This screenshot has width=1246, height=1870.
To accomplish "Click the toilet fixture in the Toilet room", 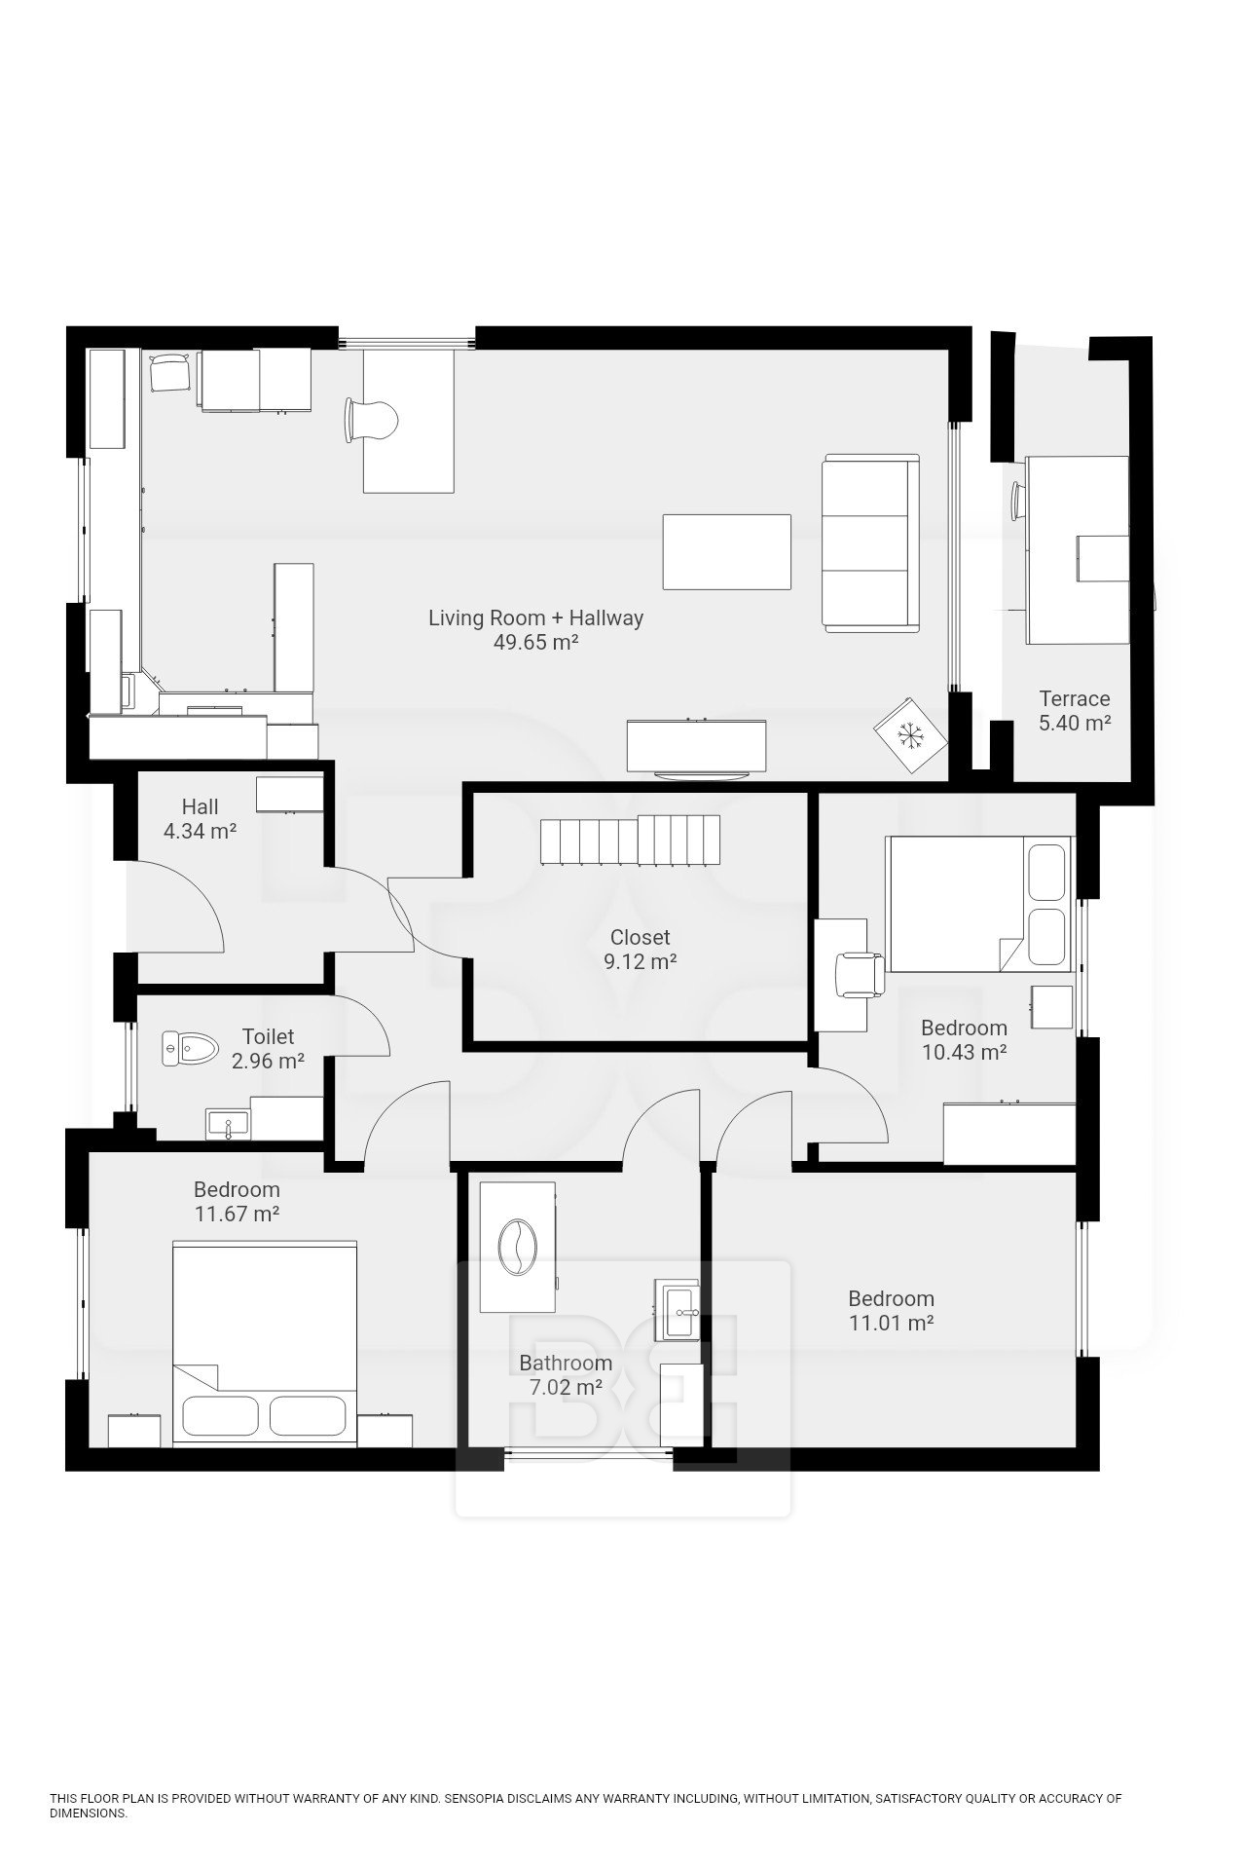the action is point(188,1049).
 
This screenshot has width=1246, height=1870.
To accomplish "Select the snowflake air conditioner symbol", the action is point(910,735).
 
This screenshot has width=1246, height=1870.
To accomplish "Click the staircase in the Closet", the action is point(631,840).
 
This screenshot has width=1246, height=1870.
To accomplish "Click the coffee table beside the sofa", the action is point(727,552).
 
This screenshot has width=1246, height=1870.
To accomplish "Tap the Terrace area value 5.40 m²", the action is point(1074,724).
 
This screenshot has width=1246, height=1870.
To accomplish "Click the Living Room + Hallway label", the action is point(536,617).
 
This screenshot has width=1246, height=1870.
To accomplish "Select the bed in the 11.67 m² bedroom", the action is point(265,1342).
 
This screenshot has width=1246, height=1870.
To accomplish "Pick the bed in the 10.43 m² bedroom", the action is point(979,904).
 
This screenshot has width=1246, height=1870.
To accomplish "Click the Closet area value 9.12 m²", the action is point(641,962).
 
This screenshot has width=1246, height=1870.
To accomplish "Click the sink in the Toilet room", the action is point(229,1123).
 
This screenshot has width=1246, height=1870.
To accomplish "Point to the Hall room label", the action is point(200,806).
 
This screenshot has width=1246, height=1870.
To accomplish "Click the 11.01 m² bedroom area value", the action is point(891,1324).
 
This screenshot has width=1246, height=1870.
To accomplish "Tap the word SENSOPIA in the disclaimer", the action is point(477,1799).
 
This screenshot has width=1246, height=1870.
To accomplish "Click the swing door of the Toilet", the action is point(361,1025).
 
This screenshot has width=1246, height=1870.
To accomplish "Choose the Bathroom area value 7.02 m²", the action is point(566,1388).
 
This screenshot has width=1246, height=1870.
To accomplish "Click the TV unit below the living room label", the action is point(696,748).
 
